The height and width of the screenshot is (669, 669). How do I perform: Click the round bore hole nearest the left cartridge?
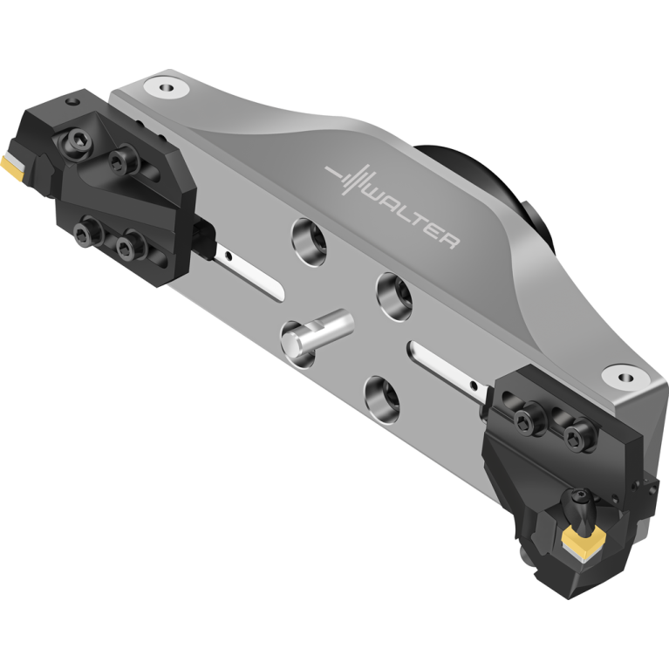pos(310,241)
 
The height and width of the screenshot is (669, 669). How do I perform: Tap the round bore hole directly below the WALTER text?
pos(393,297)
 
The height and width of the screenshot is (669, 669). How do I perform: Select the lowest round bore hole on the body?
pos(382,399)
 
